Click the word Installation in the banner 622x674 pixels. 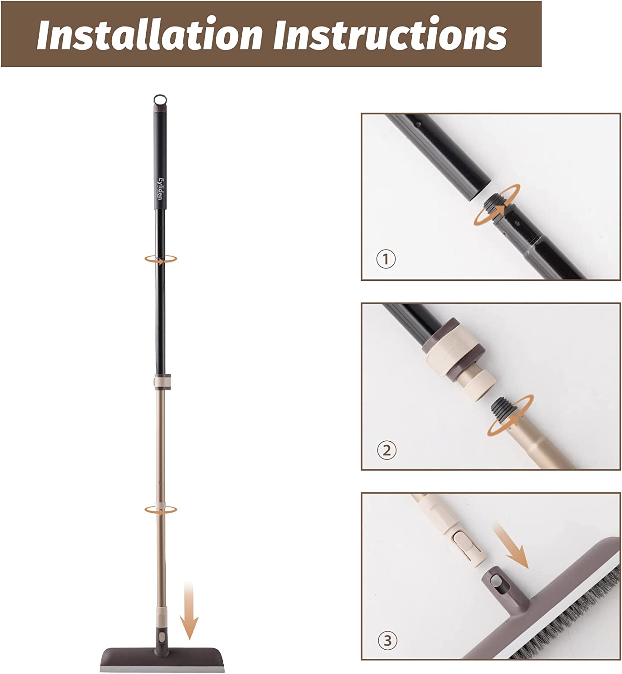pos(150,34)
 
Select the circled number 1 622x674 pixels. pos(386,259)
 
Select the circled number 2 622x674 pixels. pos(387,450)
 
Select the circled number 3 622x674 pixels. pos(387,641)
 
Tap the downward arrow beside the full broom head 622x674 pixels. pos(189,610)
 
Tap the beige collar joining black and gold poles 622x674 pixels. pos(162,382)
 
